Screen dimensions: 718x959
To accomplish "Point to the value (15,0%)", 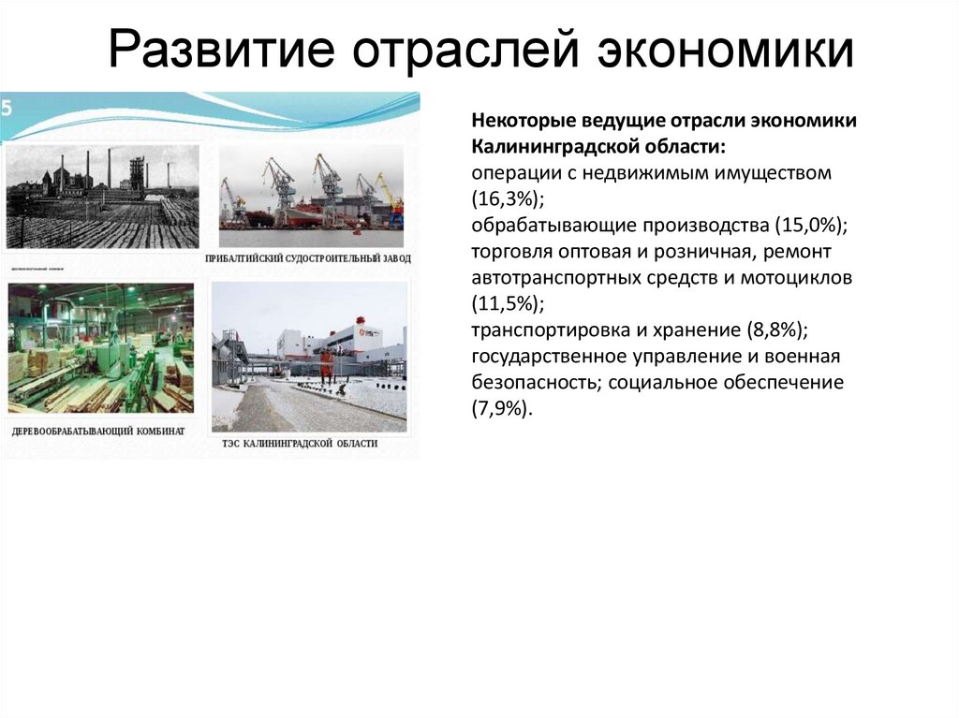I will [810, 226].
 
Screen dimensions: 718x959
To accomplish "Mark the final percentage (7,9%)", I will [504, 409].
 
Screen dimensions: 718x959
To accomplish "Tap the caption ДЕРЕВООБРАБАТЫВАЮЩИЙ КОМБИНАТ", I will [98, 432].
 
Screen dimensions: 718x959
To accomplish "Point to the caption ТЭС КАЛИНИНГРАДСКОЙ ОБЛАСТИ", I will [300, 443].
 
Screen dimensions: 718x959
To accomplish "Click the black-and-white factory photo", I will [102, 197].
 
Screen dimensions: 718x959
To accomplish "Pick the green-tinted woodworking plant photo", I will [100, 348].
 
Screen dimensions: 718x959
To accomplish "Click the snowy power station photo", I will [309, 356].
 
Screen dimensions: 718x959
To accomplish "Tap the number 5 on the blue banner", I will [7, 108].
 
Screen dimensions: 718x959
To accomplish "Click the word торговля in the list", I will [506, 252].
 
